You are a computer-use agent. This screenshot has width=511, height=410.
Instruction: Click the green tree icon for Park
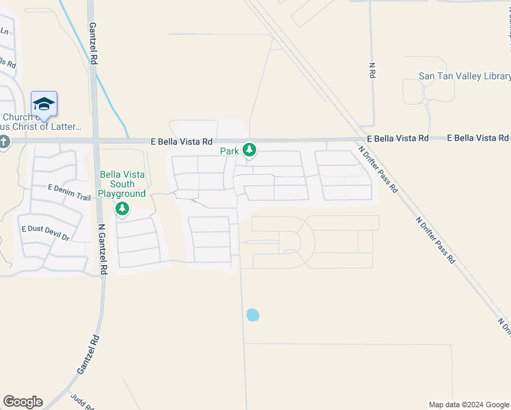pyautogui.click(x=249, y=150)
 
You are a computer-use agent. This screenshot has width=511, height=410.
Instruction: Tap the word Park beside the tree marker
pyautogui.click(x=229, y=150)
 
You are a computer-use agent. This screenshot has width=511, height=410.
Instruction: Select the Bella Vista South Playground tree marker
pyautogui.click(x=122, y=208)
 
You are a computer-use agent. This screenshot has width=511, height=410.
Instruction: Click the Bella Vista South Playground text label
pyautogui.click(x=122, y=184)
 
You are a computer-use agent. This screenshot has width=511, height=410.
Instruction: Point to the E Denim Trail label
pyautogui.click(x=69, y=197)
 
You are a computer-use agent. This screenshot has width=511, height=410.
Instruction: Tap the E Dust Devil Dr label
pyautogui.click(x=46, y=232)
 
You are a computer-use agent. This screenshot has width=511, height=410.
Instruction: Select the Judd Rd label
pyautogui.click(x=85, y=402)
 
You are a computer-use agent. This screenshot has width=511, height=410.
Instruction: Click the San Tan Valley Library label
pyautogui.click(x=465, y=77)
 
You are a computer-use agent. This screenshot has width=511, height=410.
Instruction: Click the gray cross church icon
pyautogui.click(x=3, y=142)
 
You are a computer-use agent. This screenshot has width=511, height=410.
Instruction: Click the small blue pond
pyautogui.click(x=253, y=315)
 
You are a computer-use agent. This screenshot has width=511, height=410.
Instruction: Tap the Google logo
pyautogui.click(x=23, y=402)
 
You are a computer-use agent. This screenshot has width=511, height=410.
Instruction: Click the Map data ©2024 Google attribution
pyautogui.click(x=469, y=405)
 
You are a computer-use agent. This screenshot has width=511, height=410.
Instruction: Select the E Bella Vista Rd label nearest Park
pyautogui.click(x=181, y=141)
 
